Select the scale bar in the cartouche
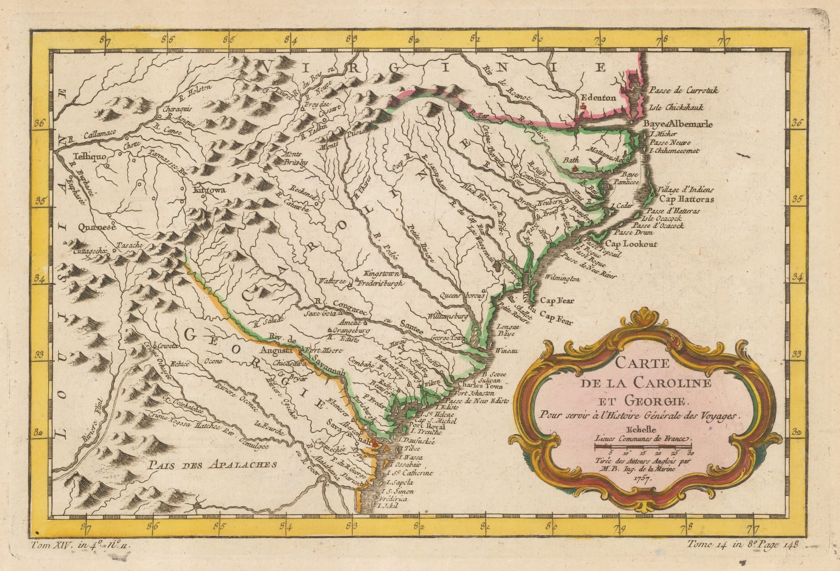click(644, 447)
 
